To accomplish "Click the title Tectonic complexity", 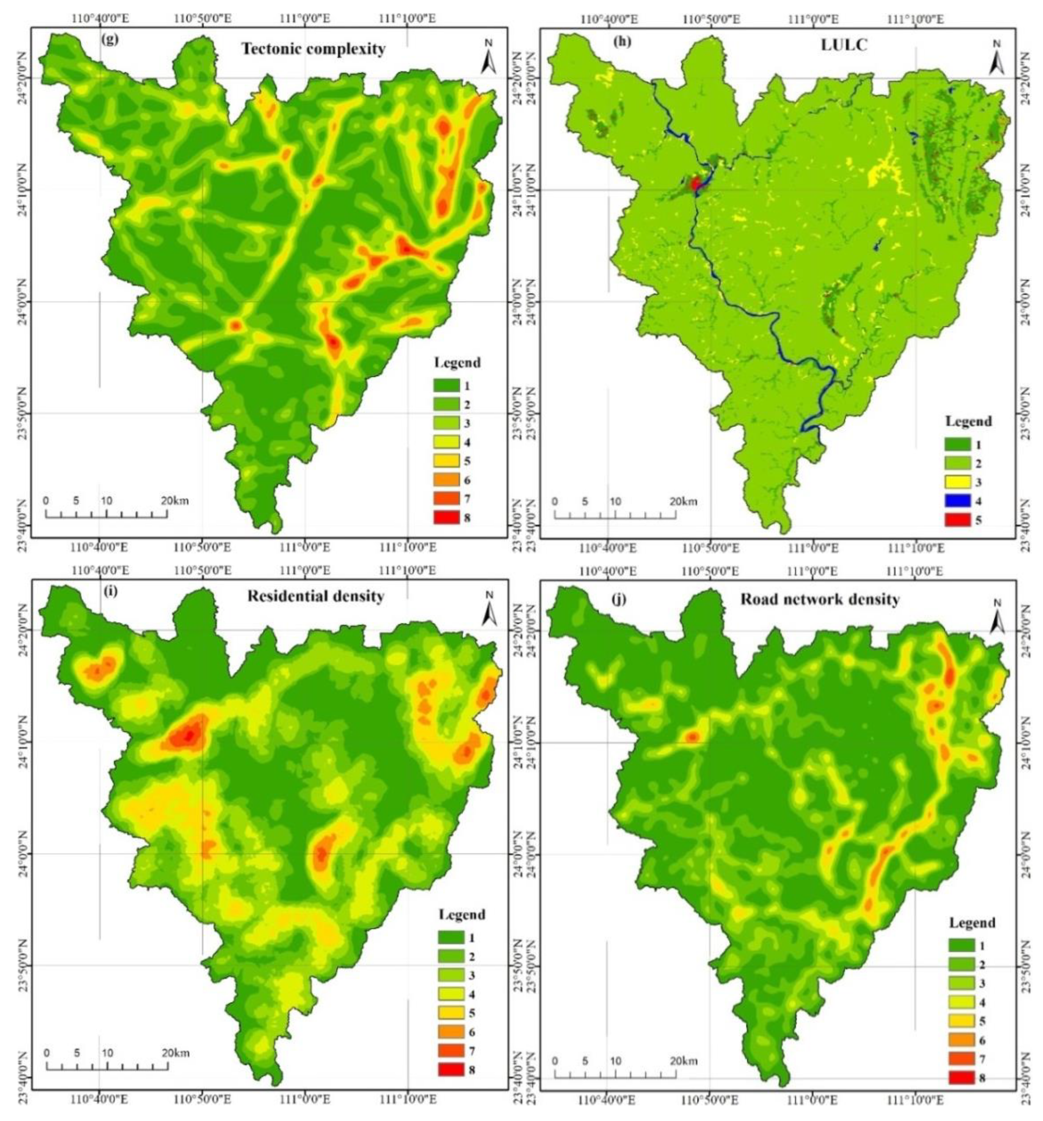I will click(x=314, y=49).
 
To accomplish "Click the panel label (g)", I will click(x=110, y=40).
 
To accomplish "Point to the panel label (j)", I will click(x=619, y=598).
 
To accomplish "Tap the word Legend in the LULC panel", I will click(x=968, y=421).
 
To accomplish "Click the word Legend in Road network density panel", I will click(x=972, y=923).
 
